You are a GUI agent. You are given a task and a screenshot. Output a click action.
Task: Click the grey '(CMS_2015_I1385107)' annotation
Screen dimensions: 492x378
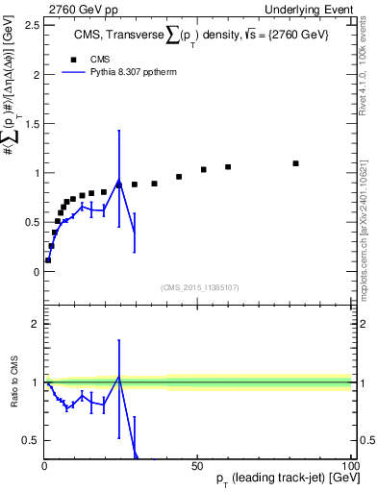point(198,286)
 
